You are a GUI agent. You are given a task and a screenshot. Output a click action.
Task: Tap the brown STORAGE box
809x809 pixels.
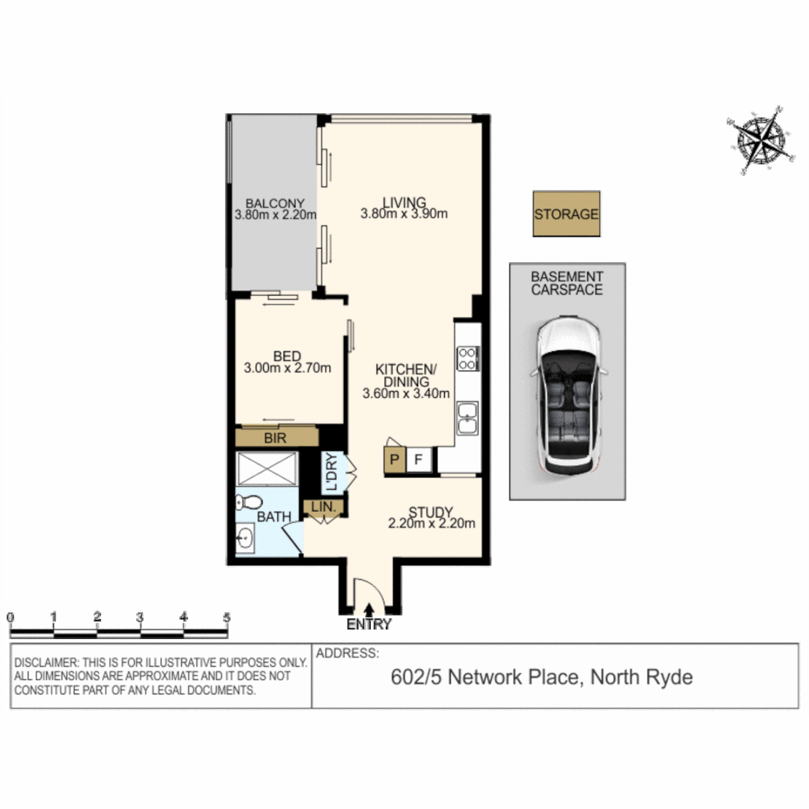tap(566, 214)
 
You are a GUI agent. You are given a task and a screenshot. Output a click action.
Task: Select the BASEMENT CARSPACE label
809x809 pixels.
tap(567, 283)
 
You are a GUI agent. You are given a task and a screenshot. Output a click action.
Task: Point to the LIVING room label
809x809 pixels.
tap(404, 202)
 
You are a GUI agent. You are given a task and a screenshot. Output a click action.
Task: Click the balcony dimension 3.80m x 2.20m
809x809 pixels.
tap(275, 216)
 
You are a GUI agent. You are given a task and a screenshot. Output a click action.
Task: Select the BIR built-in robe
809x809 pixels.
tap(277, 437)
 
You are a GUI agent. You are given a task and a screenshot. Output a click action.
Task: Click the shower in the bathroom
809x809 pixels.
tap(267, 469)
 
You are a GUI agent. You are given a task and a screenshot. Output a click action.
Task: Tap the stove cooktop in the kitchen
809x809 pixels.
tap(468, 357)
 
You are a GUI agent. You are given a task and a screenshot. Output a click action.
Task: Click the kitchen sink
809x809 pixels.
tap(467, 418)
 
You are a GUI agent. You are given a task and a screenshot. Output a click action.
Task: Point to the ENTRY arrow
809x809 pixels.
tap(369, 612)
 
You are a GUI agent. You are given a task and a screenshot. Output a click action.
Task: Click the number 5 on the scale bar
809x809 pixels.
tap(226, 618)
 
